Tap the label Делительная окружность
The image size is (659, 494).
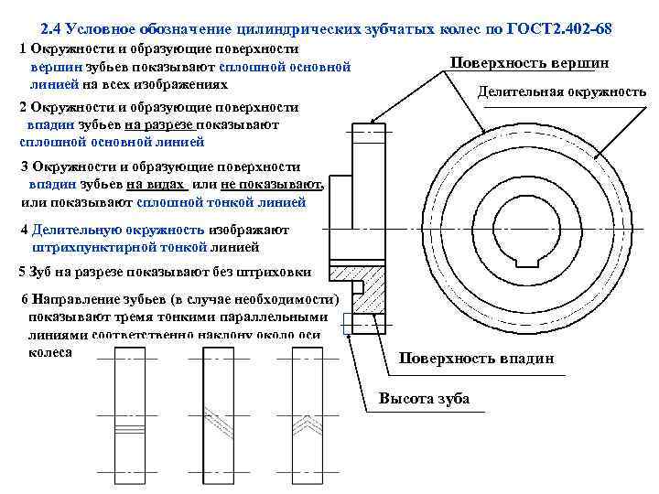point(562,91)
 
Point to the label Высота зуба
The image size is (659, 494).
point(424,398)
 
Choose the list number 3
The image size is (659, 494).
point(24,166)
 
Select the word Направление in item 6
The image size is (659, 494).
point(74,299)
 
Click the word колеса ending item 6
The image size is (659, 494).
point(50,351)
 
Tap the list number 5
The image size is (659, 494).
point(23,273)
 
